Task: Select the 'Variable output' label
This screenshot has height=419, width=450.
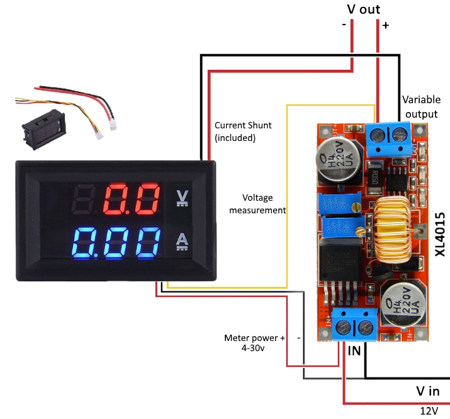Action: tap(422, 106)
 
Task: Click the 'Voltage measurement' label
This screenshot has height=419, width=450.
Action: tap(257, 203)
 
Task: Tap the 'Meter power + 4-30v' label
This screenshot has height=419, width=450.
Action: tap(254, 342)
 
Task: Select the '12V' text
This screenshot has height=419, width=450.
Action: tap(429, 410)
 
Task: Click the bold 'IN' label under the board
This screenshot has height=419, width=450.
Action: tap(354, 350)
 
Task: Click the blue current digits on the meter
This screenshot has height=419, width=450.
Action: tap(118, 242)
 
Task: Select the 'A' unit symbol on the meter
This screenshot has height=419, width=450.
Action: tap(183, 241)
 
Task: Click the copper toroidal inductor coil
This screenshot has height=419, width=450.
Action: tap(396, 230)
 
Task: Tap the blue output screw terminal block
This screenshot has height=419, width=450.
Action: tap(388, 137)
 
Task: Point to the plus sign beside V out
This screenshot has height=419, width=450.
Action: tap(386, 26)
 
